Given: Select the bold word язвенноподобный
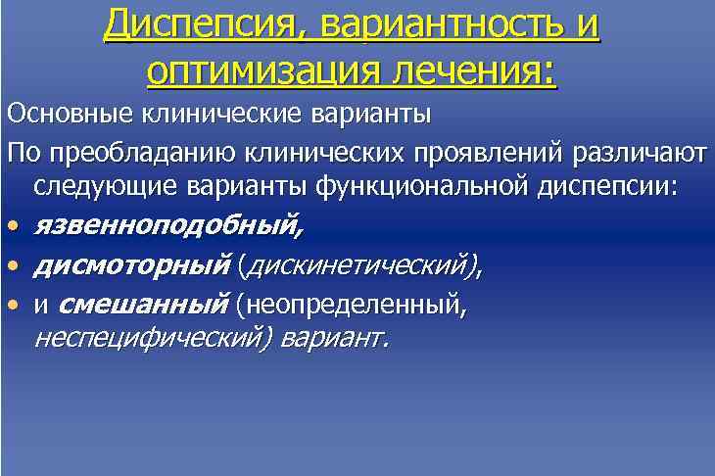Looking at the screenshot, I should (167, 227).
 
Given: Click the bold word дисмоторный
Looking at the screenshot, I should (131, 265).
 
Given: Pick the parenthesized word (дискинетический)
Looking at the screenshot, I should (361, 265).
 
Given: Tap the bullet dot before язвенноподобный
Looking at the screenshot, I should (13, 228).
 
